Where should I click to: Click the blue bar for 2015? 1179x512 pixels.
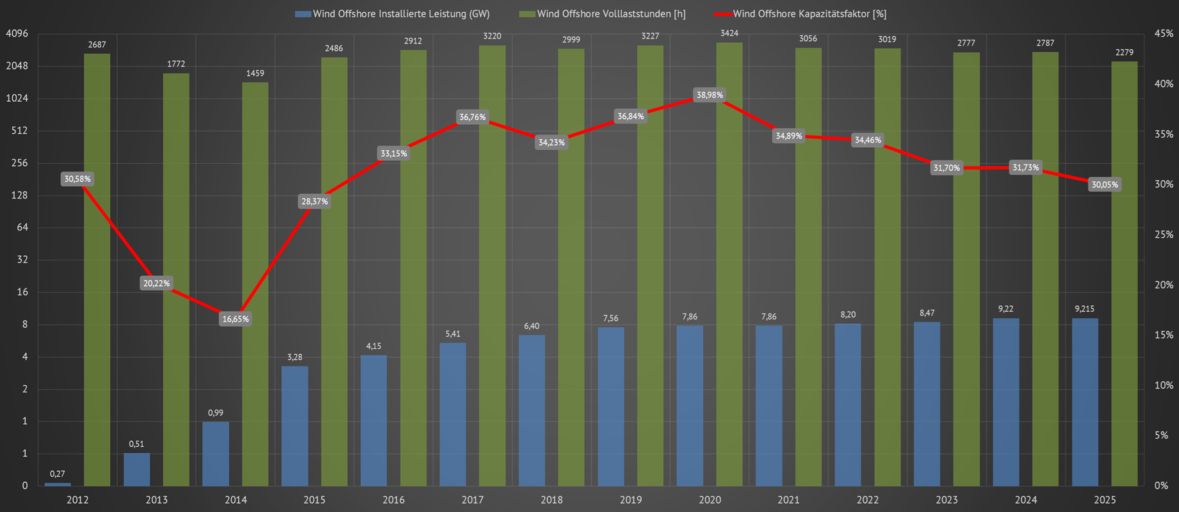295,426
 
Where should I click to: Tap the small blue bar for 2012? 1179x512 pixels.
58,484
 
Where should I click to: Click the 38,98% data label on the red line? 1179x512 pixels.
710,95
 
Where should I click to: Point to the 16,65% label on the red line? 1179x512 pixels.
236,319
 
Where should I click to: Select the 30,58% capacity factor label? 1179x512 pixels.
77,179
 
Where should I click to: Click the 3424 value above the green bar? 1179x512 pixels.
729,33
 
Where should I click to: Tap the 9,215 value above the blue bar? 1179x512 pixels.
1084,309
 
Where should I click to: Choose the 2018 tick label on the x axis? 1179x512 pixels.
551,500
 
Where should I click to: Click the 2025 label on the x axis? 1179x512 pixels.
1105,500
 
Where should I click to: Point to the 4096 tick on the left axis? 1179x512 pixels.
17,34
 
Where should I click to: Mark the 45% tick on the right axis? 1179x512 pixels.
1164,34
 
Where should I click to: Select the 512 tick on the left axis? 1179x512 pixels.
20,131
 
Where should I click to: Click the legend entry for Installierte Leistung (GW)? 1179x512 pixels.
393,14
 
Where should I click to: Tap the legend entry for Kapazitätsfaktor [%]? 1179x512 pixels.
801,14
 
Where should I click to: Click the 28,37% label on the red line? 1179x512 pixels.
314,202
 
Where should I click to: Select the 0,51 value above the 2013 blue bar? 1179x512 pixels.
136,444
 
